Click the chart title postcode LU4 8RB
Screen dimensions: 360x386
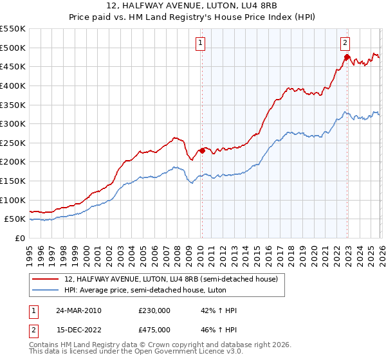pyautogui.click(x=248, y=6)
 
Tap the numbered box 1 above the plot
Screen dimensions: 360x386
pyautogui.click(x=201, y=43)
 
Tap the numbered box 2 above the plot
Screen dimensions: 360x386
pyautogui.click(x=345, y=43)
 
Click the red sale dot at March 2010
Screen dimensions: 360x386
pyautogui.click(x=202, y=150)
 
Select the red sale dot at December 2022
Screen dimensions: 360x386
pyautogui.click(x=347, y=57)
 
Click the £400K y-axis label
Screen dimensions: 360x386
pyautogui.click(x=13, y=85)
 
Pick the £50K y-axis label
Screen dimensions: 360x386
pyautogui.click(x=15, y=219)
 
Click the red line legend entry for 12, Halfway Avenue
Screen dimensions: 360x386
pyautogui.click(x=170, y=279)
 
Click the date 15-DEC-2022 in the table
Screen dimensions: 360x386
pyautogui.click(x=77, y=329)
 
